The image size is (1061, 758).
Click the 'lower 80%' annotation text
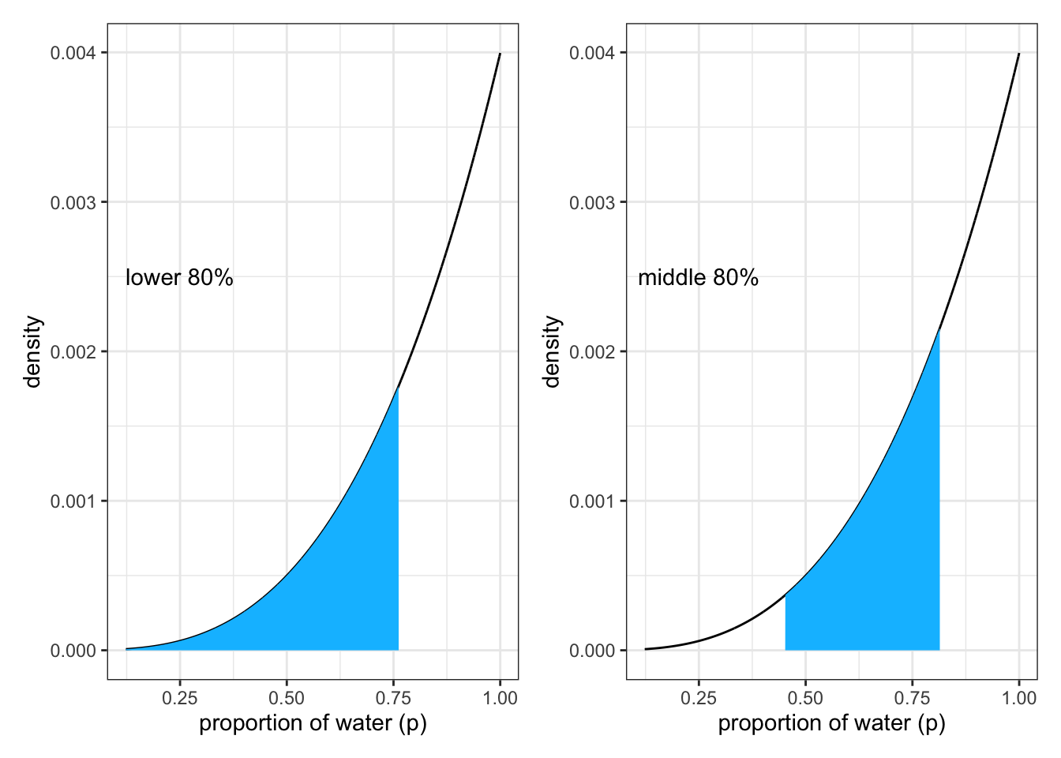[x=179, y=278]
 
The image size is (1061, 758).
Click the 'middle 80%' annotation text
[x=698, y=278]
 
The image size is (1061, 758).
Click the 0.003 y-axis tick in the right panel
[x=593, y=202]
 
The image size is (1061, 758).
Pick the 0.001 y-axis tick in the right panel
[x=593, y=501]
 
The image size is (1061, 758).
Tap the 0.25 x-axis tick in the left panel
[x=180, y=698]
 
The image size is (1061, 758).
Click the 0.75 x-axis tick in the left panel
[x=393, y=698]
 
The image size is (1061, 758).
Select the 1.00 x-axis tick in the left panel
[x=500, y=698]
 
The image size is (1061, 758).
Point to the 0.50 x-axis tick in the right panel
[x=805, y=698]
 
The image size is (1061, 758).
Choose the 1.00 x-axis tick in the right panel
[x=1019, y=698]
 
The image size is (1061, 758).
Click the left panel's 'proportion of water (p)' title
[x=313, y=723]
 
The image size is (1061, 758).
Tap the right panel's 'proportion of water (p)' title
[x=831, y=723]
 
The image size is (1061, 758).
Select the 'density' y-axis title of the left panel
[x=32, y=351]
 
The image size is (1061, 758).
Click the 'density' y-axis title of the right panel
[x=552, y=351]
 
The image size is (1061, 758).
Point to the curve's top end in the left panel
[x=500, y=54]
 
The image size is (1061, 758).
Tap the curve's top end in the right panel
[x=1019, y=54]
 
